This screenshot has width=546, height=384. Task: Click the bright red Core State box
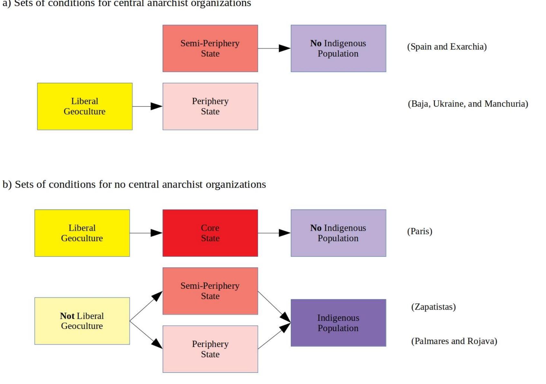pyautogui.click(x=210, y=233)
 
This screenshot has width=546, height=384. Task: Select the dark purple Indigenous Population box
pyautogui.click(x=338, y=323)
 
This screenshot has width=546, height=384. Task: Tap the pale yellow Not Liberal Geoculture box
pyautogui.click(x=82, y=321)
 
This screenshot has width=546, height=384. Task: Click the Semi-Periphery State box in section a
pyautogui.click(x=210, y=48)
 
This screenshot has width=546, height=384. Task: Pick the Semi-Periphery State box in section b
pyautogui.click(x=210, y=291)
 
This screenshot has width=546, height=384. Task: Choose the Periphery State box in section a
pyautogui.click(x=210, y=106)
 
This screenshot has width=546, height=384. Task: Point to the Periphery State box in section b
pyautogui.click(x=210, y=349)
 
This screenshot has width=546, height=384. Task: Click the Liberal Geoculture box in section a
pyautogui.click(x=84, y=106)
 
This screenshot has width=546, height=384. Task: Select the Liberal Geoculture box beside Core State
pyautogui.click(x=82, y=233)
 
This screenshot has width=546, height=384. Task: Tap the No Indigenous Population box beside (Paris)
pyautogui.click(x=338, y=233)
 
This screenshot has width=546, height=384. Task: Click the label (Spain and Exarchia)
pyautogui.click(x=447, y=47)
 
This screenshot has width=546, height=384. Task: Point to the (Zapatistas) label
pyautogui.click(x=433, y=307)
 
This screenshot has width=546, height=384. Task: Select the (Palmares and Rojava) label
pyautogui.click(x=454, y=341)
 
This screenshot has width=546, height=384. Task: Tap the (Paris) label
pyautogui.click(x=419, y=231)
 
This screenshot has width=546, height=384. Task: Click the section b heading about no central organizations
pyautogui.click(x=134, y=184)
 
